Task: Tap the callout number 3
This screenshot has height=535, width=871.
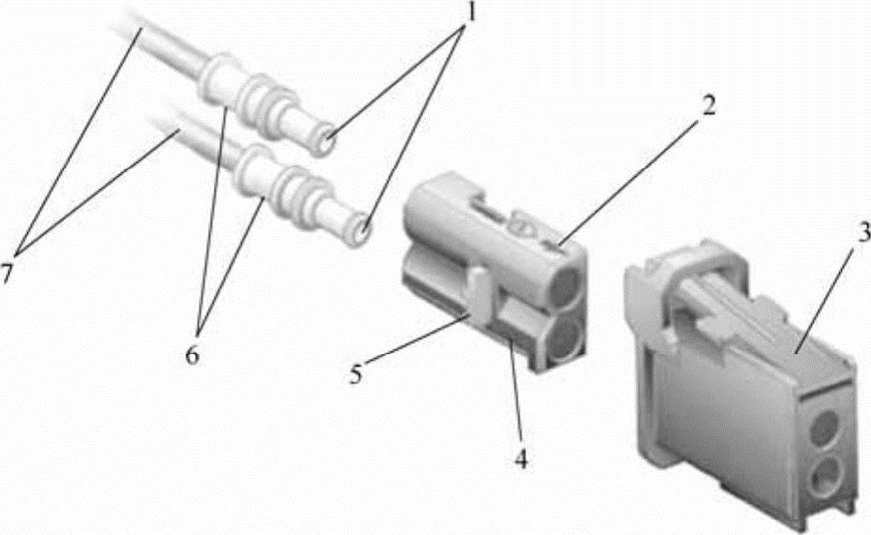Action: coord(864,234)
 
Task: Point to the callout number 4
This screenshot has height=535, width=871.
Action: coord(521,459)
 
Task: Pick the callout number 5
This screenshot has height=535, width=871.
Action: coord(356,374)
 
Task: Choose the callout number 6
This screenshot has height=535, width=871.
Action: coord(192,354)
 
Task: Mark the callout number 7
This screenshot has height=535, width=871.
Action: coord(7,274)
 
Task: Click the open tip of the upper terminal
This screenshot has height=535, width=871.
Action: coord(324,142)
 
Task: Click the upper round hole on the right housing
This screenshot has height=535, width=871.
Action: coord(825,428)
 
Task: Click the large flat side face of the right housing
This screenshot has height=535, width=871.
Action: coord(728,411)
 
